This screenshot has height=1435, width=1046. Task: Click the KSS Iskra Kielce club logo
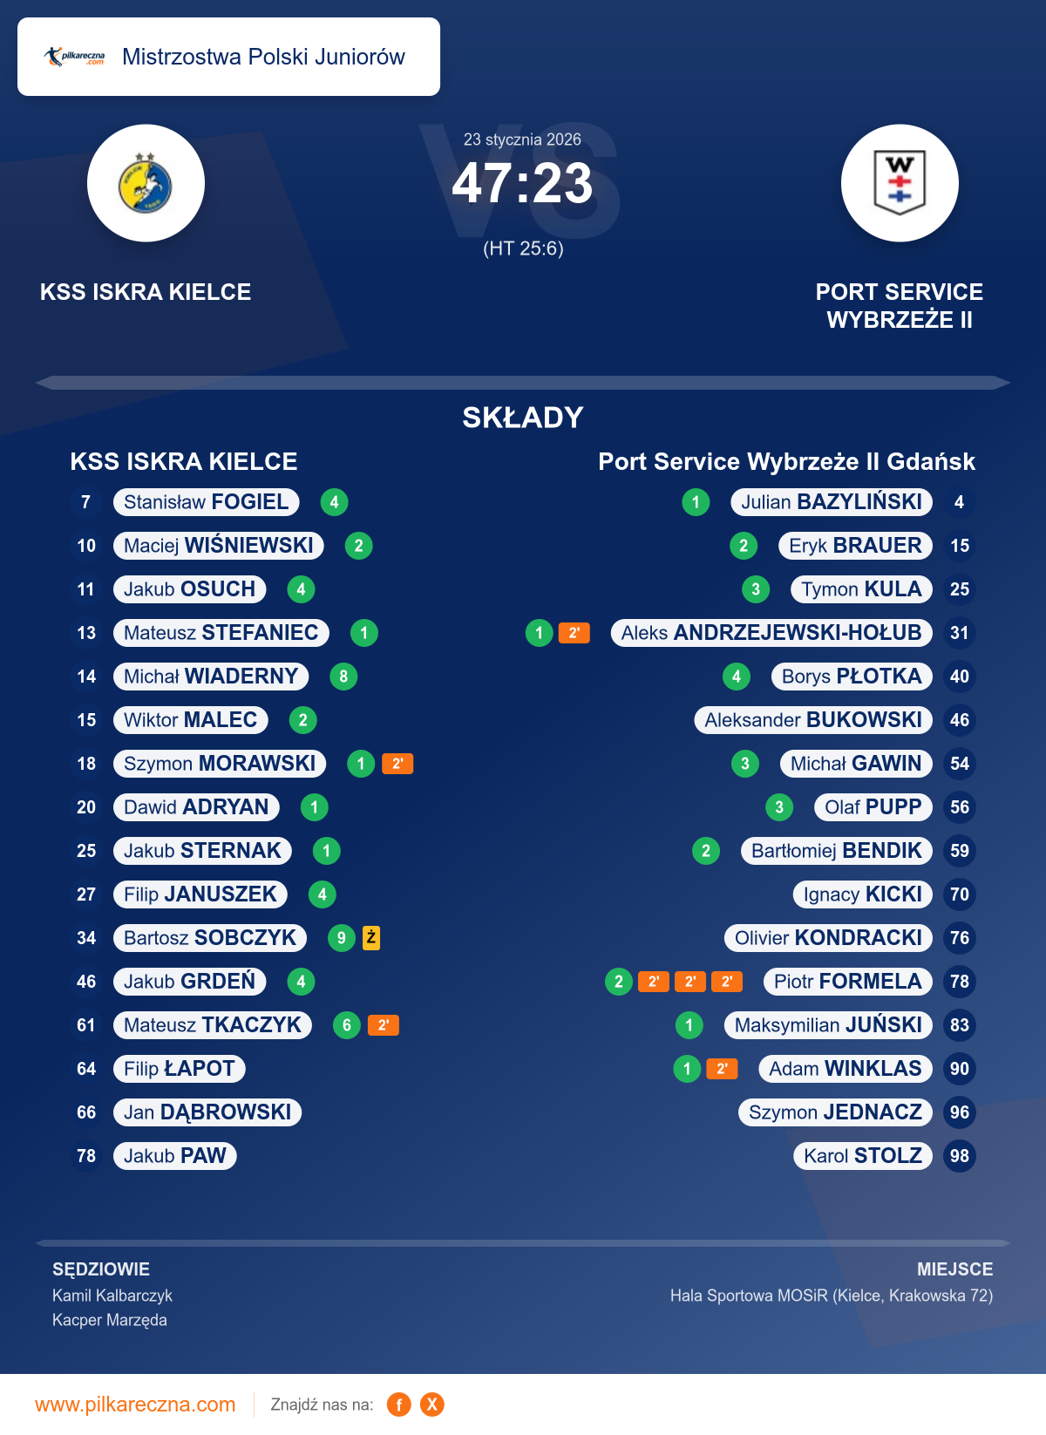(x=146, y=183)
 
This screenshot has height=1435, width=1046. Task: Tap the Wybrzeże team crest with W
(x=900, y=183)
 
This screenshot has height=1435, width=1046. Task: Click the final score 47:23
(x=522, y=184)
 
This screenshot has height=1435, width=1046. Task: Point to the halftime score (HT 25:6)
(x=523, y=249)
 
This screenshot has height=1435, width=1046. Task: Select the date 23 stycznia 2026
(x=522, y=139)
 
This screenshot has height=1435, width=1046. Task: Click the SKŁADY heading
(x=522, y=418)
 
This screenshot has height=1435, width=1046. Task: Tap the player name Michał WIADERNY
(x=211, y=677)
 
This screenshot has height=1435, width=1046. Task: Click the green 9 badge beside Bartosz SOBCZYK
(x=341, y=938)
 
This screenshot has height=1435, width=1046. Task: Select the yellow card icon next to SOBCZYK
(x=371, y=938)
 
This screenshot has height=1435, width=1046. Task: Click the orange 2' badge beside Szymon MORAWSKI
(x=397, y=764)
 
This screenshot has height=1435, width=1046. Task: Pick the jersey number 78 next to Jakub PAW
(x=86, y=1156)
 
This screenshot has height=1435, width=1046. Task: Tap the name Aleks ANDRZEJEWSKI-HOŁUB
(x=771, y=633)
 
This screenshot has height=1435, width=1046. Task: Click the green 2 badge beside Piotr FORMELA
(x=618, y=982)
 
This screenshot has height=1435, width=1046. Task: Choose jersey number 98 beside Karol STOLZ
(x=959, y=1156)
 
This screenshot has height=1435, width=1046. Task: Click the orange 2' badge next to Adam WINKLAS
(x=722, y=1069)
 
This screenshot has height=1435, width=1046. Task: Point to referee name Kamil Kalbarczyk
(x=112, y=1296)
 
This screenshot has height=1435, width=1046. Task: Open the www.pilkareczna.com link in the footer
(x=135, y=1404)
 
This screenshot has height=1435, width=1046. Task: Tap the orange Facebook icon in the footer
(x=399, y=1404)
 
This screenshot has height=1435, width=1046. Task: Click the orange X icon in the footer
(x=432, y=1404)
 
